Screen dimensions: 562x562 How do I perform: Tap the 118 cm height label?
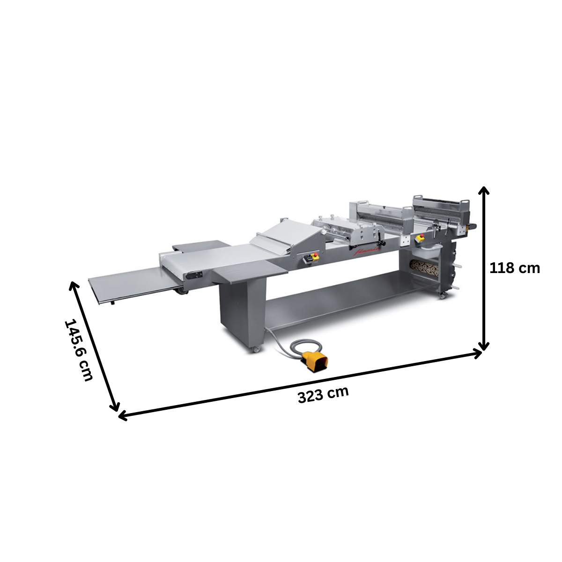pyautogui.click(x=514, y=268)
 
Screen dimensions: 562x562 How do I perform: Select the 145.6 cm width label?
pyautogui.click(x=79, y=350)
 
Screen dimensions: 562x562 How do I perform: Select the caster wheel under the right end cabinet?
pyautogui.click(x=442, y=296)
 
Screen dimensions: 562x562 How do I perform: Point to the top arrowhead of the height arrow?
pyautogui.click(x=484, y=190)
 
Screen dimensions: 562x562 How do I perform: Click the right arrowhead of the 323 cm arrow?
pyautogui.click(x=478, y=354)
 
